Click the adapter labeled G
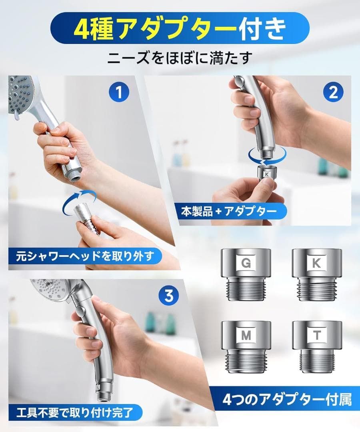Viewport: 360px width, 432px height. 246,274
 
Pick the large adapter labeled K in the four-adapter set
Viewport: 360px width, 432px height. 317,274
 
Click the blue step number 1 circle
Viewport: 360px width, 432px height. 119,92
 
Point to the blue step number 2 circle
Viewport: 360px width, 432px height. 333,92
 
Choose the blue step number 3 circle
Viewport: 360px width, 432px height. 169,296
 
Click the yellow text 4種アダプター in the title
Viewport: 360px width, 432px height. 155,28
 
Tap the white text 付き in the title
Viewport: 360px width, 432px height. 262,28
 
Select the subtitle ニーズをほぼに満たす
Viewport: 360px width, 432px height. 180,58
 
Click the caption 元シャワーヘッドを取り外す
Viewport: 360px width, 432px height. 85,256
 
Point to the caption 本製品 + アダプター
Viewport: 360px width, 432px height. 229,212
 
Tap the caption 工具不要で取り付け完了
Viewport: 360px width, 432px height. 75,413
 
